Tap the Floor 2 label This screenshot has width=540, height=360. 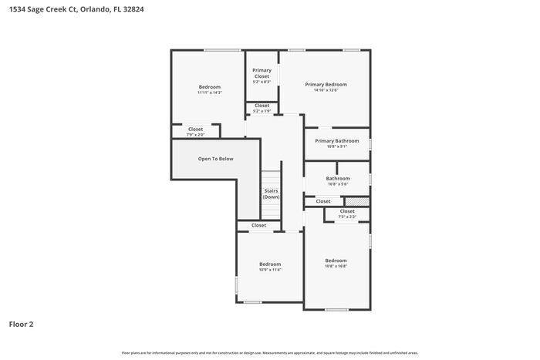click(x=21, y=325)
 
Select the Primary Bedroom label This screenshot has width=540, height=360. click(x=326, y=84)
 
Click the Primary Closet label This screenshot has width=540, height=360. click(x=262, y=73)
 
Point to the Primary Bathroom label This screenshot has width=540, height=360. click(x=337, y=141)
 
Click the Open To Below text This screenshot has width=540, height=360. click(x=215, y=159)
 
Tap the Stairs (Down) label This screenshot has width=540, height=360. click(x=271, y=193)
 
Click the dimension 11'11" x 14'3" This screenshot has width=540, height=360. click(x=210, y=93)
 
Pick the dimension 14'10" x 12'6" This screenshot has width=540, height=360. click(x=326, y=90)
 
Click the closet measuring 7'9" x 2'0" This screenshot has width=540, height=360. click(x=196, y=132)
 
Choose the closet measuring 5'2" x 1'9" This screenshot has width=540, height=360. click(x=262, y=108)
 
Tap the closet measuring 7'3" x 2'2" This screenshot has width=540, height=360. click(x=347, y=214)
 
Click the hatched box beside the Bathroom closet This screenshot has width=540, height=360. click(x=362, y=201)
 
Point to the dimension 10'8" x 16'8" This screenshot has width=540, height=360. click(x=336, y=266)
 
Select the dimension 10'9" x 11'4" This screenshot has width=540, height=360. click(x=269, y=270)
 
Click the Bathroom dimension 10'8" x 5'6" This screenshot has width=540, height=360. click(x=338, y=184)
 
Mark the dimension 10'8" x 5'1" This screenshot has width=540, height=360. click(x=337, y=146)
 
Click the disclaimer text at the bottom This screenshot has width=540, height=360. click(x=269, y=352)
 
